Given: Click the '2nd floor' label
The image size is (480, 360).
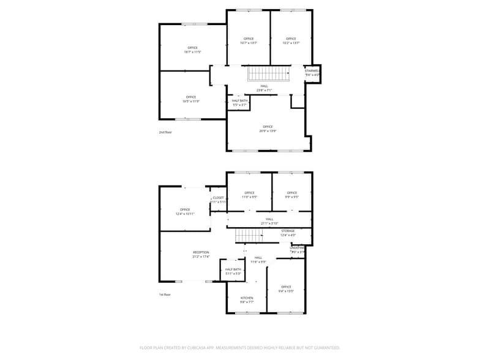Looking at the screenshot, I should tap(165, 132).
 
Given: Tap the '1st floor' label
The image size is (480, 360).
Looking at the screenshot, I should tap(165, 294).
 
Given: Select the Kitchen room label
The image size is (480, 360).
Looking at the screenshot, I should tap(247, 298).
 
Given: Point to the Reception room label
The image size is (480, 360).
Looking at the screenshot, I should tap(201, 252).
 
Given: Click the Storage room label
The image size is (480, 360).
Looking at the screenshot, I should tap(288, 231).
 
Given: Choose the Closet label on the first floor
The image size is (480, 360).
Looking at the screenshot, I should tap(219, 198).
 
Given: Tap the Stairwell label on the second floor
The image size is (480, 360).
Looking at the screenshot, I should tap(312, 71).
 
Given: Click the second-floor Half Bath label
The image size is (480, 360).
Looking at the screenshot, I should tap(240, 101).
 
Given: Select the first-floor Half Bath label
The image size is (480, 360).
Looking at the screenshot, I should tap(233, 269).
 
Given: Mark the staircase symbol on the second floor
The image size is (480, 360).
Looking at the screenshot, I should tap(268, 73).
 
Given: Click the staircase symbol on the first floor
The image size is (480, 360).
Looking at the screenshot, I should tap(249, 235).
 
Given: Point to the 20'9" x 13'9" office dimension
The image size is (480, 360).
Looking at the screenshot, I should tap(268, 131).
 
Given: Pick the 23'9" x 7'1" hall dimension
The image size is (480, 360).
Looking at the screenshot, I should tap(264, 90).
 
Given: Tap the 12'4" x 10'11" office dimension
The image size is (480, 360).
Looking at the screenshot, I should tap(185, 214).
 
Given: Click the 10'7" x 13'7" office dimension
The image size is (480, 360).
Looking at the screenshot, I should tap(249, 43).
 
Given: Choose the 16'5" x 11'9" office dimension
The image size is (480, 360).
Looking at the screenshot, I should tap(191, 101).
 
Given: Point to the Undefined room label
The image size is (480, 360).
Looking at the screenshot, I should tap(298, 248).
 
